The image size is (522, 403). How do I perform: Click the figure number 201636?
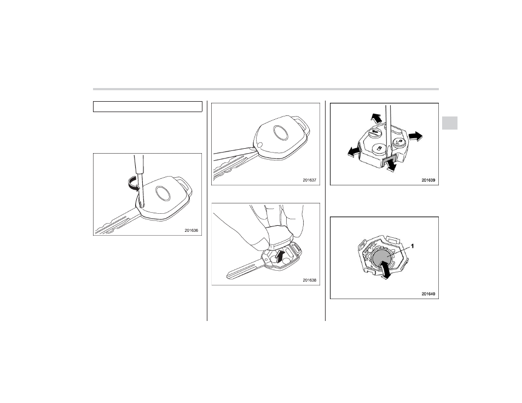click(191, 230)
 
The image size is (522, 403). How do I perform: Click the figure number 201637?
click(309, 180)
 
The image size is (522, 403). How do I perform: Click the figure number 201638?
click(309, 280)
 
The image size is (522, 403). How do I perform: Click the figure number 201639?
click(428, 180)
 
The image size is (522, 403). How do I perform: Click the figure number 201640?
click(428, 294)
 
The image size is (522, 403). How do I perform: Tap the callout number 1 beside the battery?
click(412, 246)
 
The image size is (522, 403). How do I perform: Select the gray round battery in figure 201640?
click(381, 258)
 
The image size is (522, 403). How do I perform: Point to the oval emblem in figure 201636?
click(163, 194)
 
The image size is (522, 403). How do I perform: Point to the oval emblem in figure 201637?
click(281, 133)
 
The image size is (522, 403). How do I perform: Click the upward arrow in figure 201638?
click(280, 257)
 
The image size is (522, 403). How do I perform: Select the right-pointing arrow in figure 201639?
click(416, 136)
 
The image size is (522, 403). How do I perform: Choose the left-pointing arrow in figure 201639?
click(354, 152)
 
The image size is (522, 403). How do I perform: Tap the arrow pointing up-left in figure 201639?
click(376, 118)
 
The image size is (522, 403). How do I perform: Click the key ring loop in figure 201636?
click(184, 185)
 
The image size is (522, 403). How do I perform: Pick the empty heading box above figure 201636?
click(148, 107)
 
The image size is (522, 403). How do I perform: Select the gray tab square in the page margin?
click(450, 123)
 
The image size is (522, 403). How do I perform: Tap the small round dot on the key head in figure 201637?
click(260, 145)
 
